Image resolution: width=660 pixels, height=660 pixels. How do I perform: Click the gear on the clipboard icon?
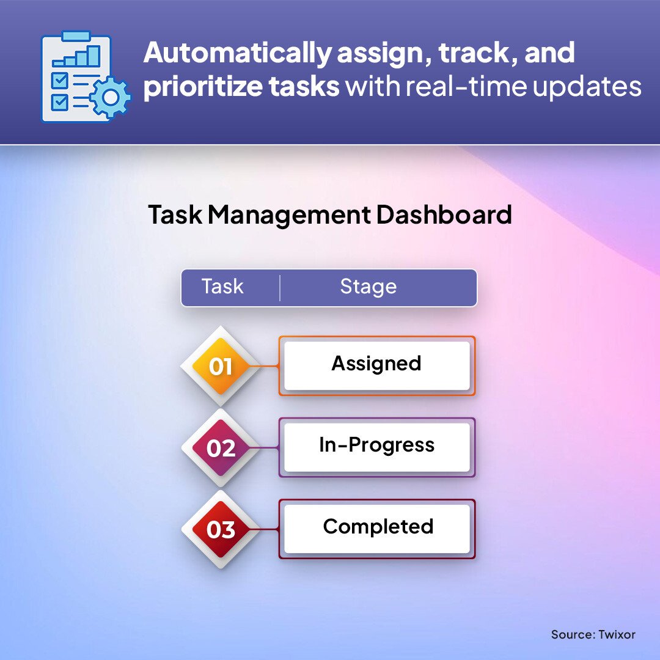(x=110, y=97)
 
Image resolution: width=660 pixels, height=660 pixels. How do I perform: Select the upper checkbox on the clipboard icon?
(x=59, y=81)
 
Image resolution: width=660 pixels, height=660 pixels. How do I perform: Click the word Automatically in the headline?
(x=237, y=53)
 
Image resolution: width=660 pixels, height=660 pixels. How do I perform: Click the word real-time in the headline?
(x=466, y=86)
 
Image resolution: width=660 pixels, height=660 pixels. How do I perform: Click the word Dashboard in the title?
(x=444, y=215)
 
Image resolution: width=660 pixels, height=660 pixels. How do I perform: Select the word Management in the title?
(x=290, y=215)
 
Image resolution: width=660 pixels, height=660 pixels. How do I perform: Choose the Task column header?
(x=222, y=287)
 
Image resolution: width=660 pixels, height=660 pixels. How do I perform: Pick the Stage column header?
(x=369, y=287)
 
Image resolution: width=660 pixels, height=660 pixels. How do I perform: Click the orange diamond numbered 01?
(x=221, y=366)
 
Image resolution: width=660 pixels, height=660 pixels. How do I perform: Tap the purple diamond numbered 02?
(x=221, y=448)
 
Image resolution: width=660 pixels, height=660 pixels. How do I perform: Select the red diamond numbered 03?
(x=221, y=529)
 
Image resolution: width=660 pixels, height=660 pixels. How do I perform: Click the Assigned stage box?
(x=376, y=365)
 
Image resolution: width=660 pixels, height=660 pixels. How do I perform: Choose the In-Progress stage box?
(x=376, y=447)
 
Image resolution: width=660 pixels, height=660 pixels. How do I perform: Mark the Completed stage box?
(x=376, y=529)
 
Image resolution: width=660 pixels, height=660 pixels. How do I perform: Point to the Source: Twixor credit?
(x=593, y=634)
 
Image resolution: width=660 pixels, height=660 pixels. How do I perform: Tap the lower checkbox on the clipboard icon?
(x=59, y=102)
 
